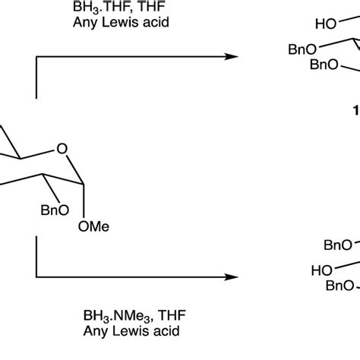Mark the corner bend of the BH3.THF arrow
coord(35,56)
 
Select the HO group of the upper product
coord(327,25)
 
